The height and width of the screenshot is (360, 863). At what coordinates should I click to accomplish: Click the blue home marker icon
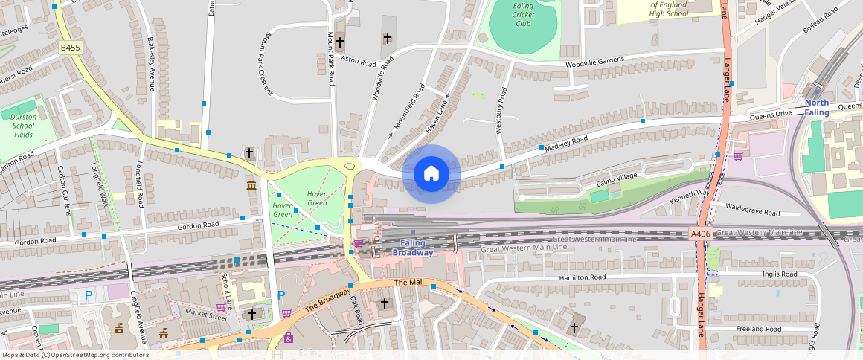(431, 174)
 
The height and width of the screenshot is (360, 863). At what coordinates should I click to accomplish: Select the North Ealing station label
(816, 108)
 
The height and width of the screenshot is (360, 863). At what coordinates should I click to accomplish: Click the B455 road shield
(71, 48)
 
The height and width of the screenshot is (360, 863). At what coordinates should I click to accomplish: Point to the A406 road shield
(700, 234)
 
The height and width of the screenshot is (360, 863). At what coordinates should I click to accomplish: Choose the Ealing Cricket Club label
(524, 14)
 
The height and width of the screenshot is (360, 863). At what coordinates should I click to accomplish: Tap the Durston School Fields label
(23, 125)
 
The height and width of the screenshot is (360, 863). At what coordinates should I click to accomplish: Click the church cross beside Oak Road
(385, 303)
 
